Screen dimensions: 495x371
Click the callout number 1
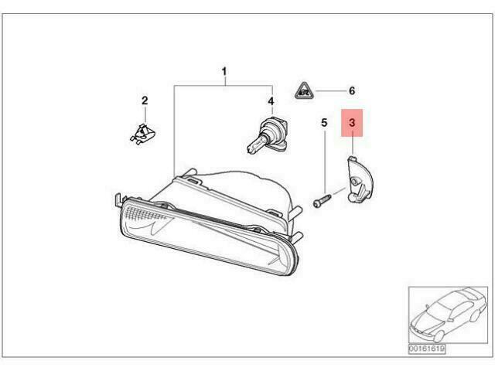pyautogui.click(x=224, y=72)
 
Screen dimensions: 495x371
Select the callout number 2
pyautogui.click(x=145, y=100)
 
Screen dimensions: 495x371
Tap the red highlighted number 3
pyautogui.click(x=352, y=122)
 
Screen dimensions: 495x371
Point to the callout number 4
pyautogui.click(x=271, y=101)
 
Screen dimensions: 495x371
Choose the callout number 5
pyautogui.click(x=324, y=122)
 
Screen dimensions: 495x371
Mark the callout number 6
pyautogui.click(x=352, y=91)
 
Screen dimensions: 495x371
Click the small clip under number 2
pyautogui.click(x=143, y=134)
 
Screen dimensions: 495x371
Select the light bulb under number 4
pyautogui.click(x=267, y=136)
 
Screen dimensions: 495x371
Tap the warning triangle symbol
pyautogui.click(x=305, y=90)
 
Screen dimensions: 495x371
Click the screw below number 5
pyautogui.click(x=322, y=200)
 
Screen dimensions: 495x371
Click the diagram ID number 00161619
pyautogui.click(x=427, y=349)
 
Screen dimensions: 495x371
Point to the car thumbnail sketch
pyautogui.click(x=448, y=315)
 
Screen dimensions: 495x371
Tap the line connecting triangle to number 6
pyautogui.click(x=330, y=91)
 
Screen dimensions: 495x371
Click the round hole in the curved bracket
pyautogui.click(x=355, y=181)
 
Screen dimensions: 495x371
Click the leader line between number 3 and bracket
pyautogui.click(x=353, y=145)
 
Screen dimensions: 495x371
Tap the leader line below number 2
pyautogui.click(x=145, y=115)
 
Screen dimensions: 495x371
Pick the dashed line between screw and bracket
pyautogui.click(x=339, y=191)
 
